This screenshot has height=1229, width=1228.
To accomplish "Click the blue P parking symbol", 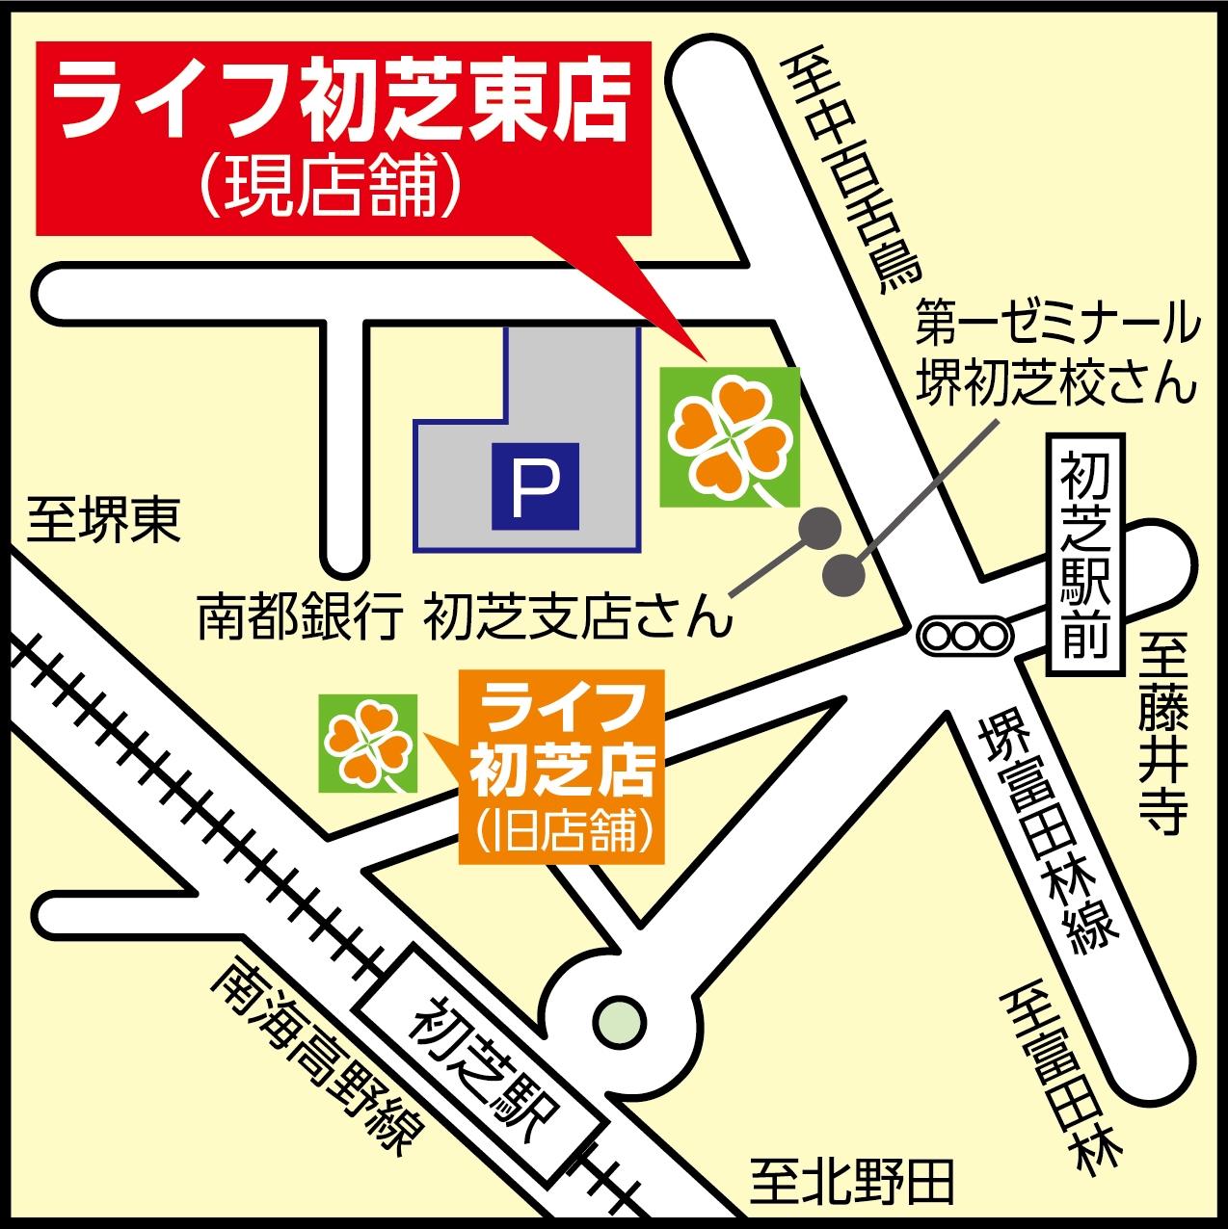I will tap(535, 486).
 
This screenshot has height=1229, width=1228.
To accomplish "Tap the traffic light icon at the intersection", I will tap(965, 637).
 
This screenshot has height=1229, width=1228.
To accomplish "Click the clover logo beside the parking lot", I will tap(730, 437).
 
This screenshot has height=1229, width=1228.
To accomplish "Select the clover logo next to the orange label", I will tap(368, 743).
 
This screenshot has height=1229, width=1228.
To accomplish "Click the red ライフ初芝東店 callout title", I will tap(342, 101).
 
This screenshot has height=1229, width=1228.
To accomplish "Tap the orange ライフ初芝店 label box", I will tap(563, 766).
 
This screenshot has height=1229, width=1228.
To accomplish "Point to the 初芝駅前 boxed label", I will tap(1085, 554).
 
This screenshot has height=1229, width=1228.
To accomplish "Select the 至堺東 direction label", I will tap(103, 521).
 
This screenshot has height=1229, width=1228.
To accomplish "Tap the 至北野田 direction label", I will tap(852, 1180).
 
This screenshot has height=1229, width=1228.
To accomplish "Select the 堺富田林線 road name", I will tap(1046, 829).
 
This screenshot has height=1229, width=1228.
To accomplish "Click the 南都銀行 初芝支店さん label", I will tap(464, 616).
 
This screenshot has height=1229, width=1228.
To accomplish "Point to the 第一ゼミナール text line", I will tap(1056, 323).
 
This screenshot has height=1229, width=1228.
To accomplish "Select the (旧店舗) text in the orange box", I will tap(563, 830).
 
